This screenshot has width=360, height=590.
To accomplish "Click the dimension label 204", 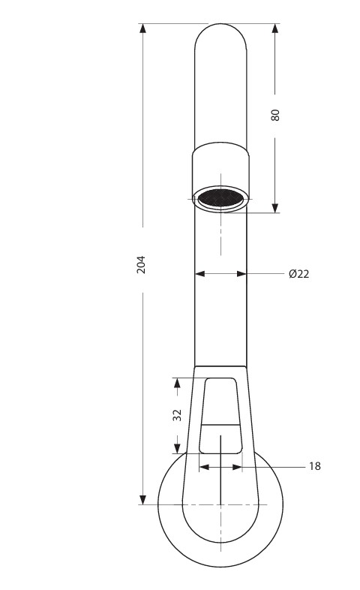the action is (x=141, y=264).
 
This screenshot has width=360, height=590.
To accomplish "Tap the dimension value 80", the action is (x=275, y=115).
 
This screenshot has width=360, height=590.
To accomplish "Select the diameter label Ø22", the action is (x=299, y=274).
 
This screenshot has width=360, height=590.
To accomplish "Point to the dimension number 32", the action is (x=177, y=415).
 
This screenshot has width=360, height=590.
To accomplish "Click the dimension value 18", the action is (x=315, y=467).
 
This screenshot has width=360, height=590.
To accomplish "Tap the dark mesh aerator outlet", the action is (x=220, y=198).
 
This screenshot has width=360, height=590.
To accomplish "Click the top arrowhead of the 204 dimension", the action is (x=142, y=29).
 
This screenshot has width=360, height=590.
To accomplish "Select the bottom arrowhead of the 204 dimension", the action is (x=142, y=500).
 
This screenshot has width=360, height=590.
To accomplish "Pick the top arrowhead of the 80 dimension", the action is (x=275, y=29).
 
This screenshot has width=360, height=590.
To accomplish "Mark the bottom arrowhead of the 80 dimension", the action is (x=275, y=208).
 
